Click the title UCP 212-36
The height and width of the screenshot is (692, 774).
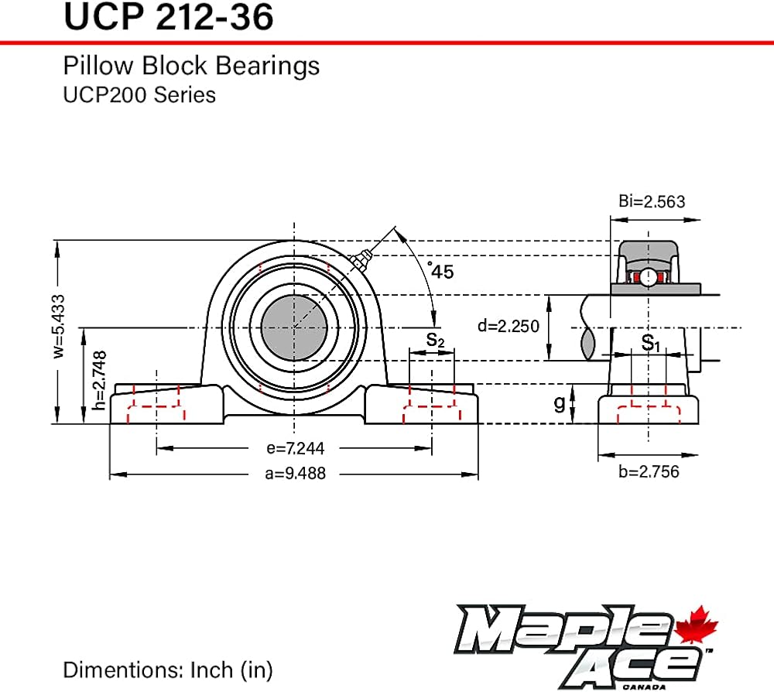168,17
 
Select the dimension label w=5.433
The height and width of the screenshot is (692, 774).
59,326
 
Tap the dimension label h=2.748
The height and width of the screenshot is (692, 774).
99,380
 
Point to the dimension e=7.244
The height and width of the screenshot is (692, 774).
295,448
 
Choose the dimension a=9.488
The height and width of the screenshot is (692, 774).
295,474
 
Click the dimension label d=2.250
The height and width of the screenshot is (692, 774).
509,326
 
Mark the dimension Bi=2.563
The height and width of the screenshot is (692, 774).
652,201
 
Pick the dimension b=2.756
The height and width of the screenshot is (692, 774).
649,472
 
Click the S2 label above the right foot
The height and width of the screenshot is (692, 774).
435,340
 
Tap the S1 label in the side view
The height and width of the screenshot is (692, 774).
650,343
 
